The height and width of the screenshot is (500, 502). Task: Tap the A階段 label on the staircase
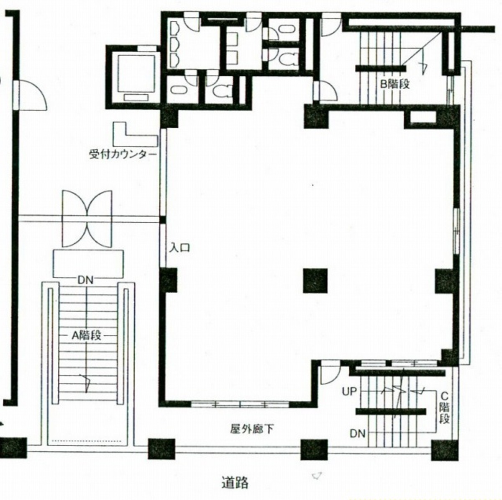coord(86,335)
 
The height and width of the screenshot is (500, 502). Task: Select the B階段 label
coord(395,84)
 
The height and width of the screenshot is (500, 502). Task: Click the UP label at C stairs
coord(349,392)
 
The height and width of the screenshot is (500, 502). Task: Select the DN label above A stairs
coord(85,280)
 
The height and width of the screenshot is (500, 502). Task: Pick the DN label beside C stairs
coord(357,434)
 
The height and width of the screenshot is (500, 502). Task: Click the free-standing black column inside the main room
coord(315,281)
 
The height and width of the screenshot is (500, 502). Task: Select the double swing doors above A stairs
coord(87,219)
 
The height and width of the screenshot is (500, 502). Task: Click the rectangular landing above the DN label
coord(88,263)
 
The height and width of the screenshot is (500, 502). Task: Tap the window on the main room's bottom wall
coord(240,405)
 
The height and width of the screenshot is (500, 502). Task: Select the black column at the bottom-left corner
coord(13,448)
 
